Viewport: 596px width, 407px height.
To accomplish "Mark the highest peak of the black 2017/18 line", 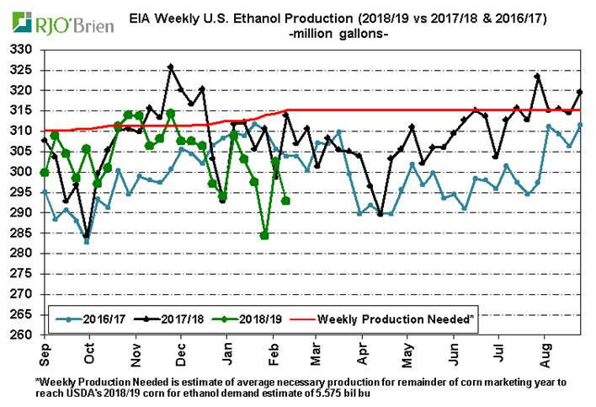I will click(171, 66).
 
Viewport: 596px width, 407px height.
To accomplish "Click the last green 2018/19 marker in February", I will click(286, 201).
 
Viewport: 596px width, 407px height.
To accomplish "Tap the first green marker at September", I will click(44, 172).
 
